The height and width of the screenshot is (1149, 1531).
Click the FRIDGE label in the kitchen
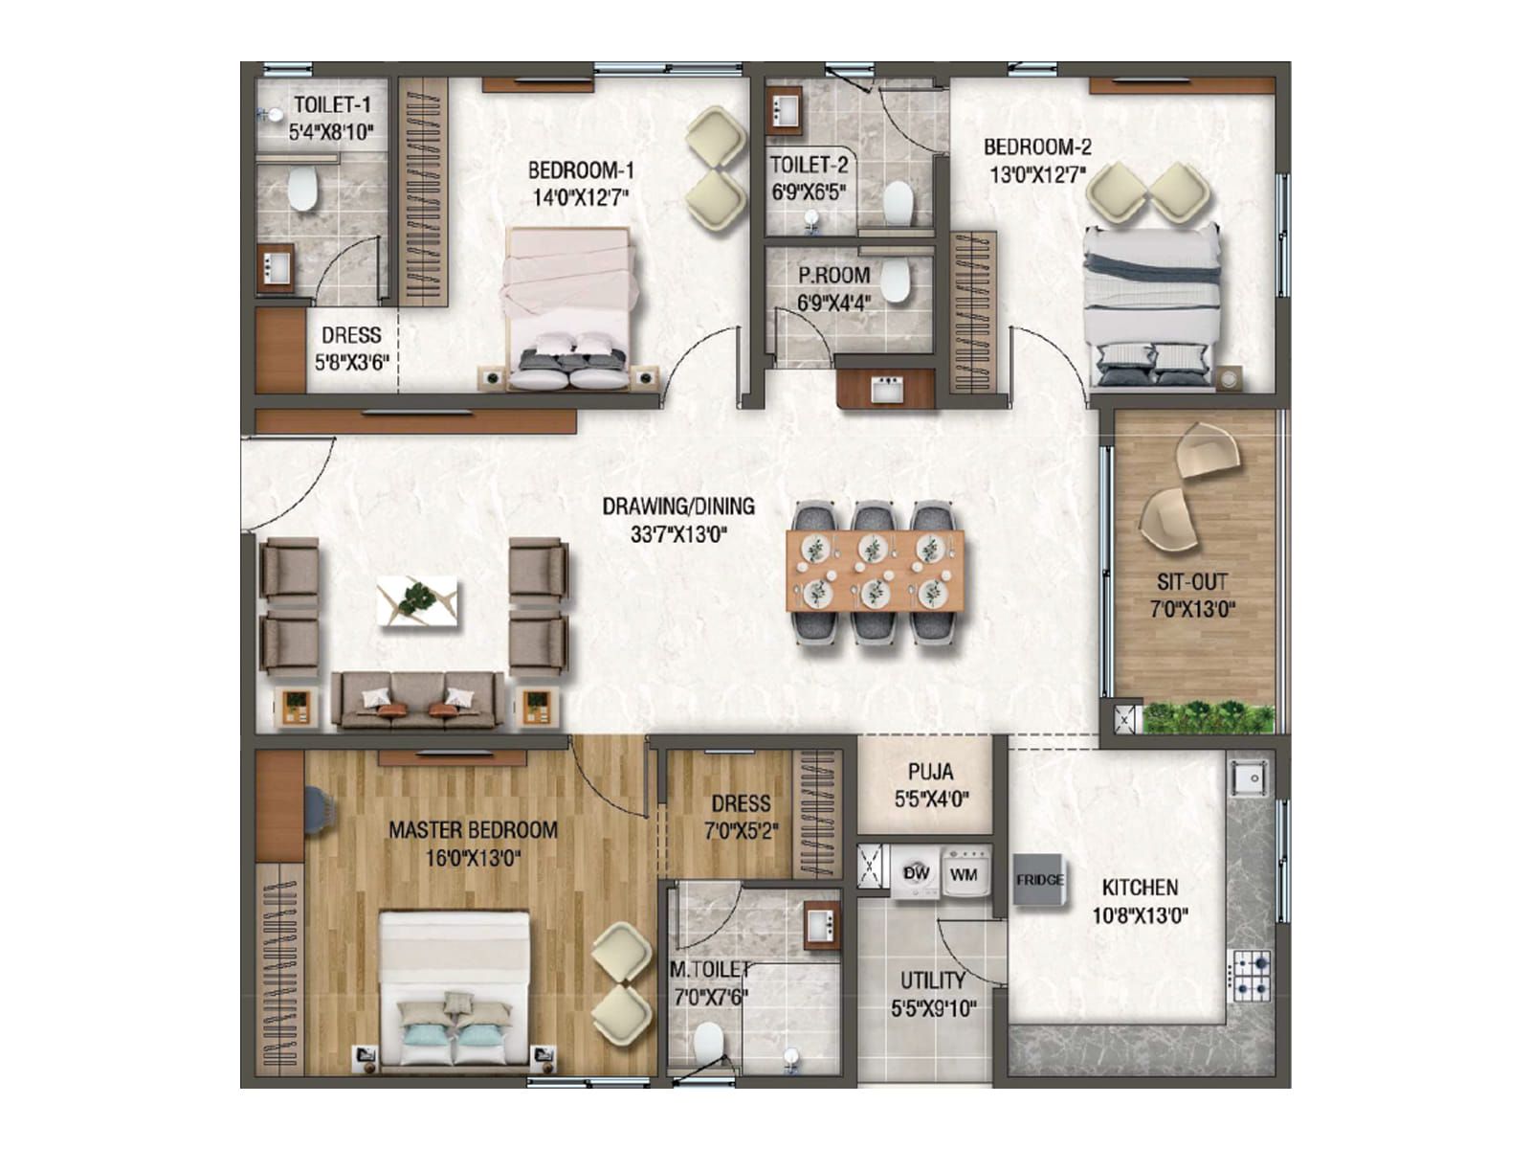(1039, 880)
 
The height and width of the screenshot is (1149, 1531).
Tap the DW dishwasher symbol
(916, 873)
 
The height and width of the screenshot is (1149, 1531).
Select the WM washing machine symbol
(964, 873)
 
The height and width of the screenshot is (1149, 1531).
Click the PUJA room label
(930, 772)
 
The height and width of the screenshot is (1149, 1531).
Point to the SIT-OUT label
(1191, 582)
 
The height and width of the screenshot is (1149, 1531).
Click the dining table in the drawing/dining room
(874, 571)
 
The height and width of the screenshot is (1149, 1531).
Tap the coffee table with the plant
(417, 601)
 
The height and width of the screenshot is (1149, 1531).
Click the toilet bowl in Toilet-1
(302, 189)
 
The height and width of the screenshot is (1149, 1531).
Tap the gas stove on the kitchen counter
(1250, 975)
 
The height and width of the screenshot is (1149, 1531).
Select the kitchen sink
(1249, 777)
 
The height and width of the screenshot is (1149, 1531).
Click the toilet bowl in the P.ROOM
(894, 280)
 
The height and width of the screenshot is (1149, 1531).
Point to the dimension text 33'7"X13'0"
(678, 533)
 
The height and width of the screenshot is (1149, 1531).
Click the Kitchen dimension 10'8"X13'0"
(1140, 915)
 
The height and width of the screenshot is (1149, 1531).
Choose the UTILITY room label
(932, 980)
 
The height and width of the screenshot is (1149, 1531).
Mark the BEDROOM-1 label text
(581, 170)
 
